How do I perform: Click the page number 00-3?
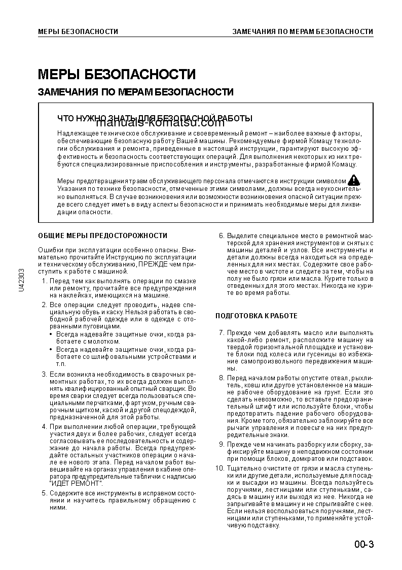tap(364, 545)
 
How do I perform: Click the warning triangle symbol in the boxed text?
tap(354, 180)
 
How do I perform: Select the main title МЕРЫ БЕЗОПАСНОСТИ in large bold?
tap(117, 75)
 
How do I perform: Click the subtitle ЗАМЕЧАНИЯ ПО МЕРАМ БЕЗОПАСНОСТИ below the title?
tap(136, 92)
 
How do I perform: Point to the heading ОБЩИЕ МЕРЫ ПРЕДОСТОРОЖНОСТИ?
tap(103, 236)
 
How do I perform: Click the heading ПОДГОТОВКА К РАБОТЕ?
tap(257, 316)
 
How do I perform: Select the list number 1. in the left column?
tap(44, 281)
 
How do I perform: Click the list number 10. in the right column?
tap(220, 467)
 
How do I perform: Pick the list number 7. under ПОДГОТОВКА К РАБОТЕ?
tap(221, 332)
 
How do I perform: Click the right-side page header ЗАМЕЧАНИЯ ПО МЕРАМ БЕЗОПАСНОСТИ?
tap(303, 31)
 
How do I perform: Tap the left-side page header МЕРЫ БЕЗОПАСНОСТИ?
tap(78, 31)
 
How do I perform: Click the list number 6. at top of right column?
tap(221, 236)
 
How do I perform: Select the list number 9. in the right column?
tap(221, 444)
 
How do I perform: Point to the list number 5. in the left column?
tap(44, 493)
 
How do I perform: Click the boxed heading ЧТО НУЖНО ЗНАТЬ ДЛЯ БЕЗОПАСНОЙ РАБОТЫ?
tap(155, 118)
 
